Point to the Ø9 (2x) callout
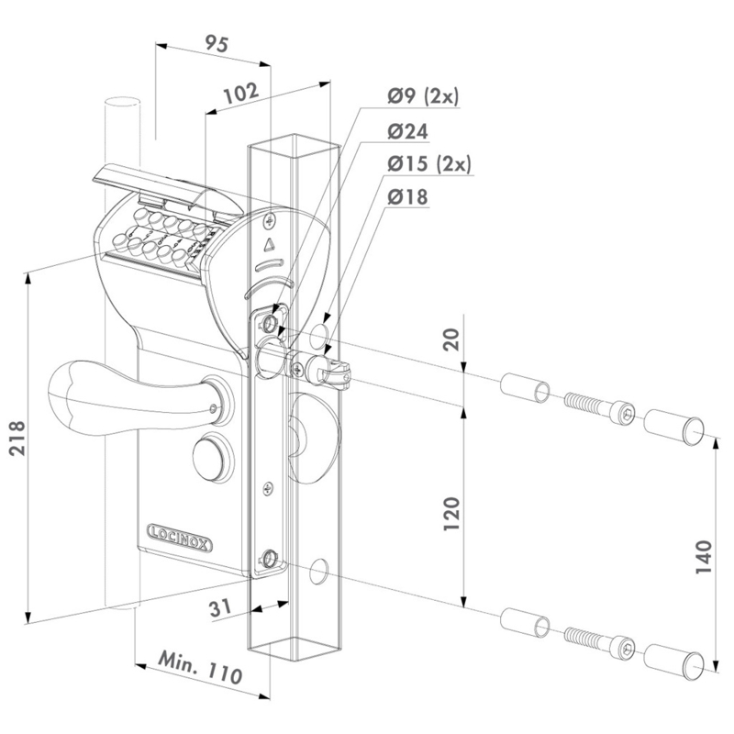pyautogui.click(x=423, y=95)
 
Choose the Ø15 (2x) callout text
pyautogui.click(x=428, y=164)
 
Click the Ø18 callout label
pyautogui.click(x=407, y=197)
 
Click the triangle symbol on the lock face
pyautogui.click(x=270, y=246)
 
